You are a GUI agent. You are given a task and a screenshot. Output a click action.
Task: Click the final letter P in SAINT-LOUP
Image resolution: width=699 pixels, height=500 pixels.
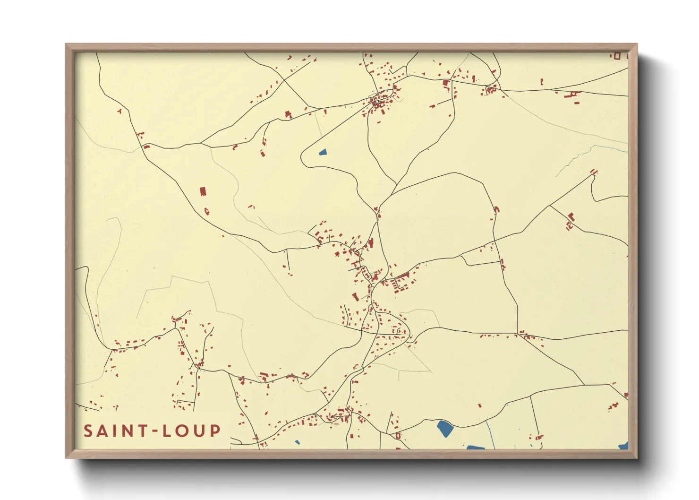click(215, 431)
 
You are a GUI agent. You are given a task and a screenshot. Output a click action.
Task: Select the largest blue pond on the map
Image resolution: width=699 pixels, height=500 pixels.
click(445, 428)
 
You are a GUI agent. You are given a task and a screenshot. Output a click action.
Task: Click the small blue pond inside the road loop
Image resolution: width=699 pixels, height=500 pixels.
click(323, 152)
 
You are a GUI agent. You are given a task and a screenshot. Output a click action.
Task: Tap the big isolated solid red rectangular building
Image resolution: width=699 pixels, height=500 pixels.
click(203, 191)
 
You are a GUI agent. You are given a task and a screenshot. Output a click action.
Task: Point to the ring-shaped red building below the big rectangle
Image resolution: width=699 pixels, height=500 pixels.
click(206, 211)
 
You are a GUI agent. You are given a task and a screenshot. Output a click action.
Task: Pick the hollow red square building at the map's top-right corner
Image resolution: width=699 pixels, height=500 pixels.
click(616, 56)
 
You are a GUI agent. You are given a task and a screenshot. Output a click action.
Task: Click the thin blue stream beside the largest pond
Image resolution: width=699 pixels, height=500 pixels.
click(490, 435)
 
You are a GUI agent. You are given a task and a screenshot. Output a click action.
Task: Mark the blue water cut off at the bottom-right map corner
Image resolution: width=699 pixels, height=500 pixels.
click(624, 446)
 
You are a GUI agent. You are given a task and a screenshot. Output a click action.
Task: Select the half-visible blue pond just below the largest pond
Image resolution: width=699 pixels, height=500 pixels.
click(476, 447)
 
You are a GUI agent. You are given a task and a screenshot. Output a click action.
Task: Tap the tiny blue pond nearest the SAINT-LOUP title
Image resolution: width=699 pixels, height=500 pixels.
click(297, 443)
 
